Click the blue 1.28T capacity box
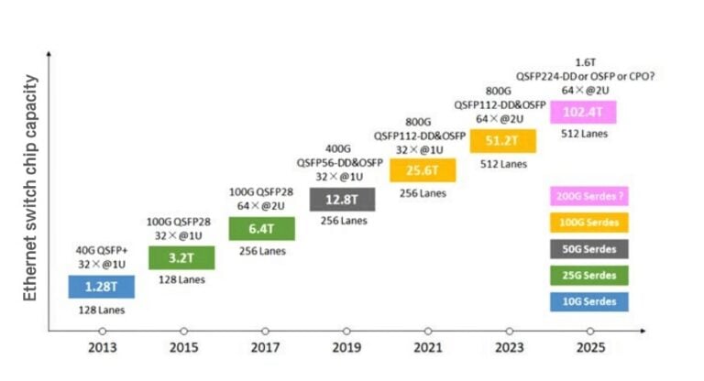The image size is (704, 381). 101,287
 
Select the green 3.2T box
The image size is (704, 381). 181,257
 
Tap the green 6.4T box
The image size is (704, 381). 262,228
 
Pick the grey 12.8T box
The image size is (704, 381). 343,199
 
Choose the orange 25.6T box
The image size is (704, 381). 423,169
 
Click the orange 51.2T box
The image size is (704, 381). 503,141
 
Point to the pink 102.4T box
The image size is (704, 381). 583,112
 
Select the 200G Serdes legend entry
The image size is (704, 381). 588,196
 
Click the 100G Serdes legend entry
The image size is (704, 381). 588,223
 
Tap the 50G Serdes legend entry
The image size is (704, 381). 588,249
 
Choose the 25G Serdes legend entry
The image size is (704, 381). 588,275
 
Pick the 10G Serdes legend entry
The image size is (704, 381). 588,301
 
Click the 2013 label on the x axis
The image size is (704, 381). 103,349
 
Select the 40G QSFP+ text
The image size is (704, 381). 101,248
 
